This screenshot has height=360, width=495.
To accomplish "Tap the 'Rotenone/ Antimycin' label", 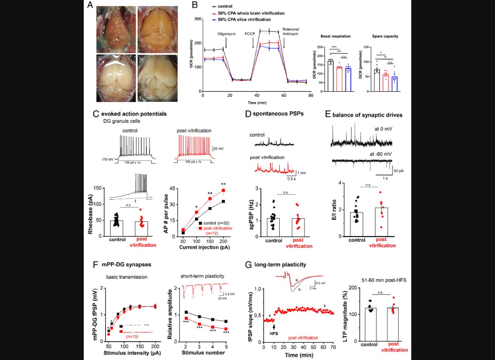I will coord(292,32).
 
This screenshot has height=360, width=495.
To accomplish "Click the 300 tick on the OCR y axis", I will coord(198,19).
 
